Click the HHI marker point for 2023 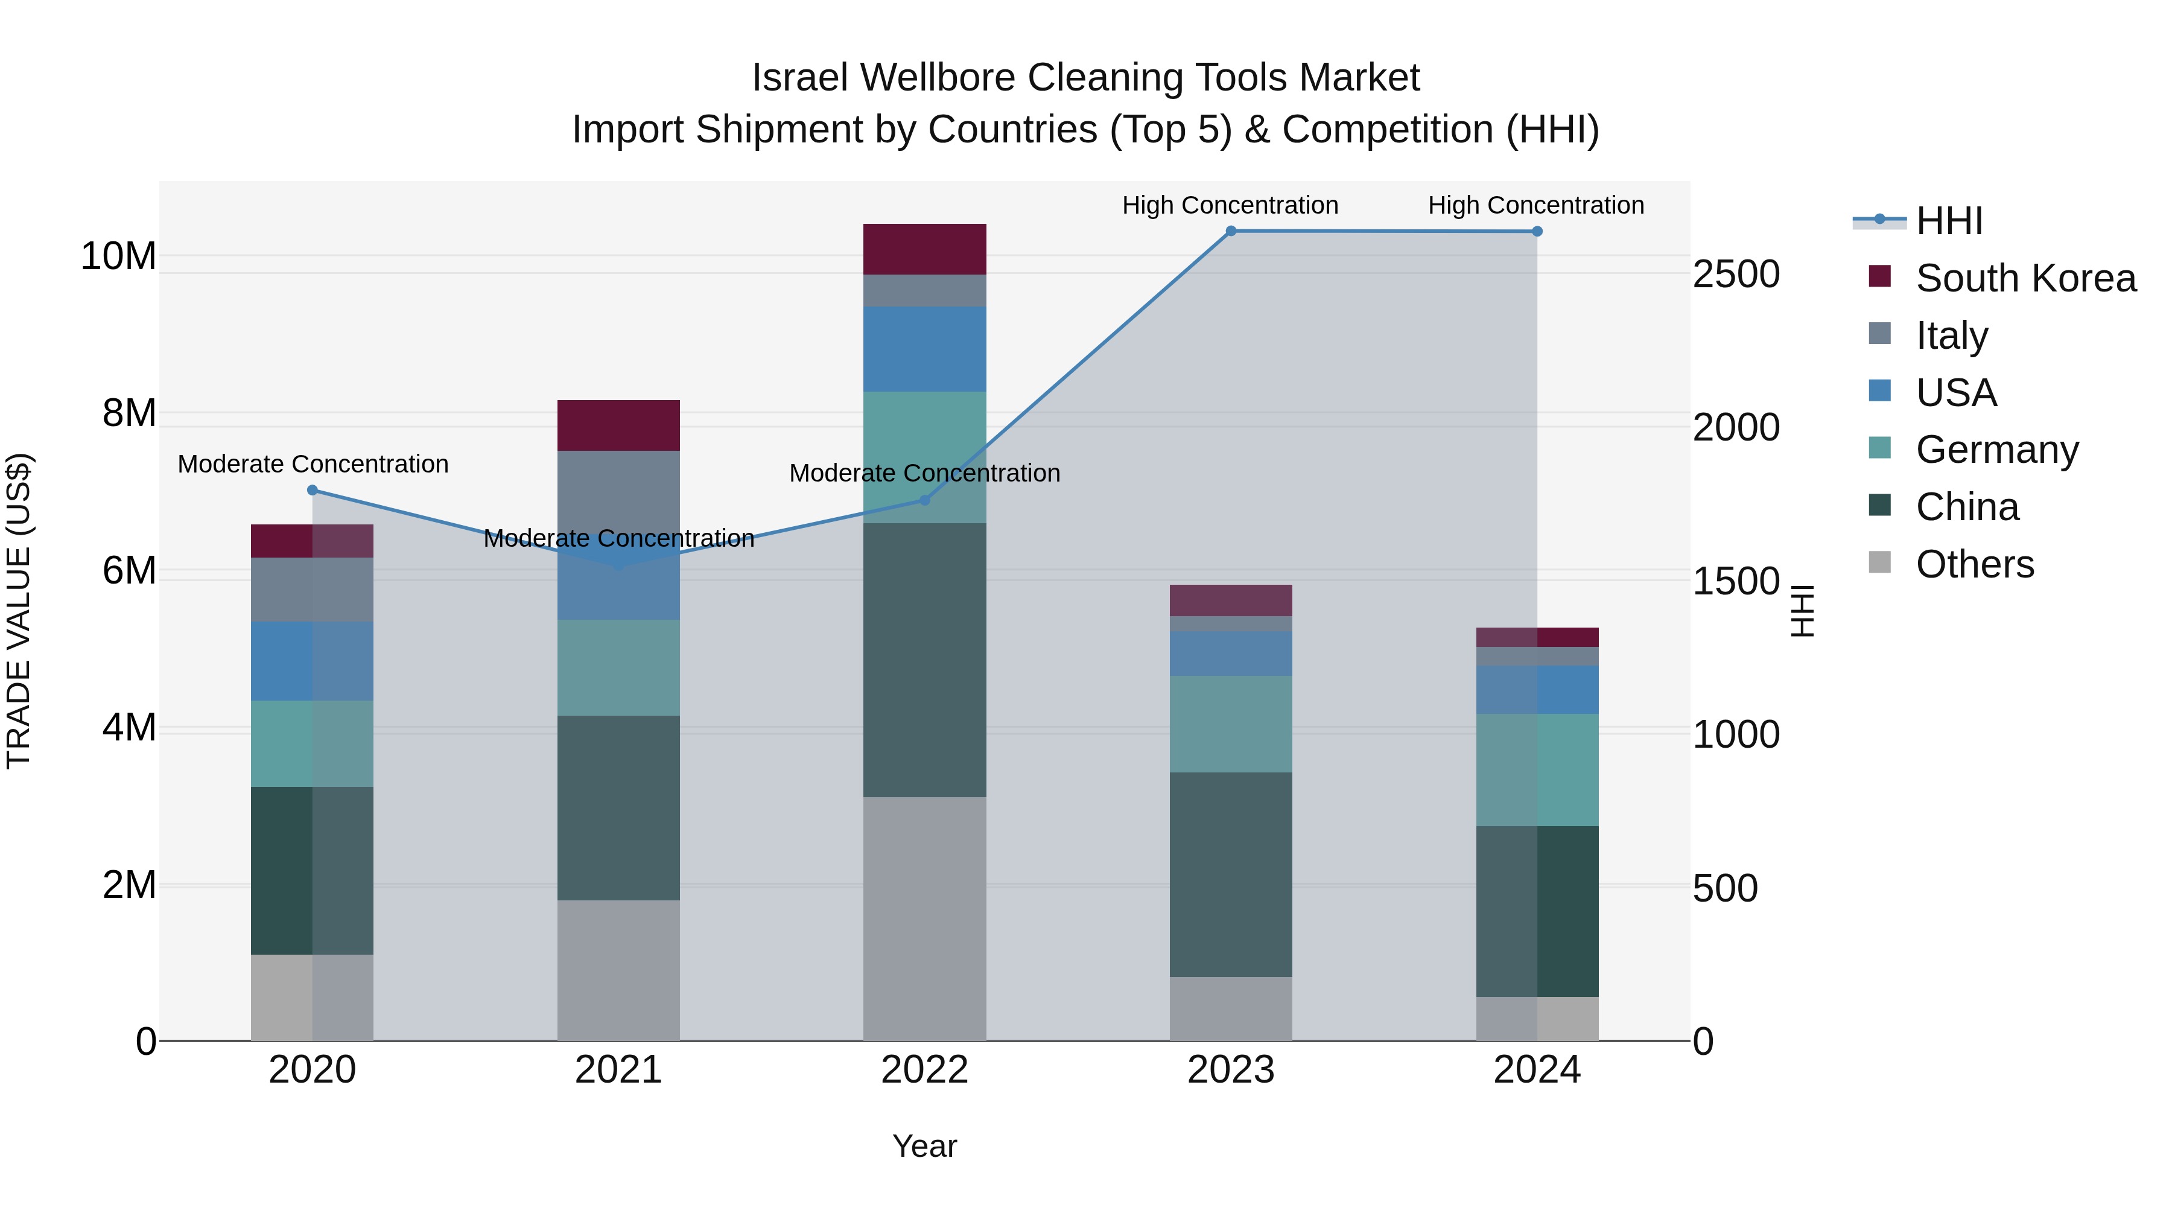pyautogui.click(x=1230, y=231)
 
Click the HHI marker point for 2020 pyautogui.click(x=312, y=490)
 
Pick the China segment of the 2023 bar pyautogui.click(x=1230, y=874)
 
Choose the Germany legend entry pyautogui.click(x=1996, y=450)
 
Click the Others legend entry pyautogui.click(x=1974, y=564)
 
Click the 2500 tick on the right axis pyautogui.click(x=1736, y=274)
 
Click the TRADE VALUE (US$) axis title pyautogui.click(x=19, y=611)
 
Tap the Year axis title pyautogui.click(x=924, y=1146)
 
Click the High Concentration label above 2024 pyautogui.click(x=1535, y=205)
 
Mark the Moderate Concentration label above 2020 pyautogui.click(x=313, y=464)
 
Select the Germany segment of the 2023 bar pyautogui.click(x=1230, y=724)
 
